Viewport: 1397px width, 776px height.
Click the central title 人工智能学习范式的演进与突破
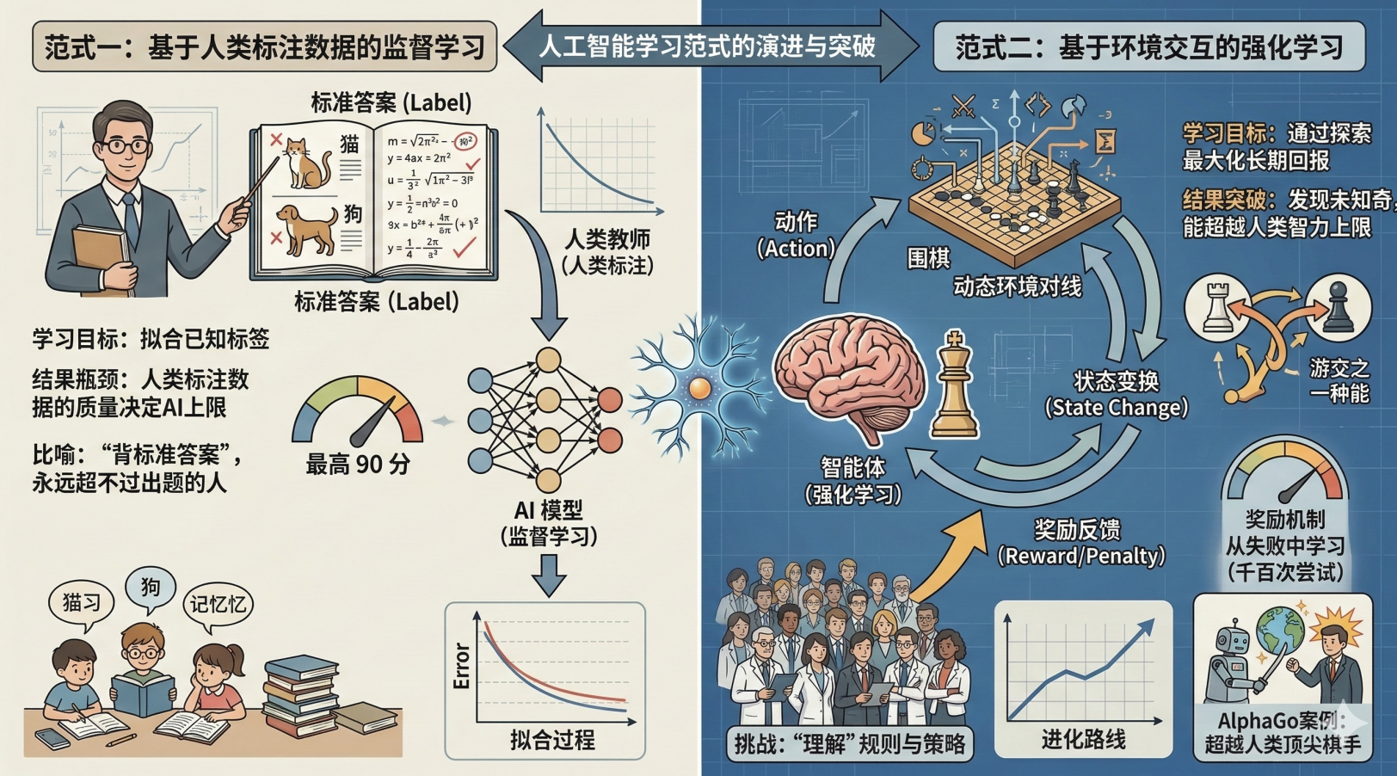707,46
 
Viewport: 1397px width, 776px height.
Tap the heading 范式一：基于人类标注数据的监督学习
264,46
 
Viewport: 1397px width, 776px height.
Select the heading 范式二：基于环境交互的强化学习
1149,46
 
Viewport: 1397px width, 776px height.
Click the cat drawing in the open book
306,163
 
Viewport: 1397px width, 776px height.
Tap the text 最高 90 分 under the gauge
358,465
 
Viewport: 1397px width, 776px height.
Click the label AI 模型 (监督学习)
549,523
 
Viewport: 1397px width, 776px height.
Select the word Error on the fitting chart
461,665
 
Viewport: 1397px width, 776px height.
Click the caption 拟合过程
552,739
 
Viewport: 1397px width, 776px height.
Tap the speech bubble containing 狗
151,588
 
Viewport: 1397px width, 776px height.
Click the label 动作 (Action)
796,235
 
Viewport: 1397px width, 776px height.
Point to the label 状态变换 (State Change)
1116,394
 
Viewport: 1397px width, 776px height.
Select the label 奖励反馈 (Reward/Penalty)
1080,542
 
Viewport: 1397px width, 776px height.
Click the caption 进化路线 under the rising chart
1083,739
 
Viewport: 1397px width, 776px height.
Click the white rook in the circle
1215,307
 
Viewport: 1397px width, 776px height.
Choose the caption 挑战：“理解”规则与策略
849,742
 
